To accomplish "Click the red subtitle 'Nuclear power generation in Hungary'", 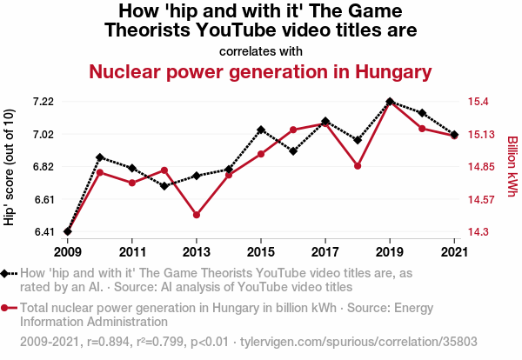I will click(x=261, y=71).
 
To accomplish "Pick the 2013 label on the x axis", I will click(x=197, y=252).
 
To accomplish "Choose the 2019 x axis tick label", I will click(x=389, y=252).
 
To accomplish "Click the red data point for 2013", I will click(x=197, y=215).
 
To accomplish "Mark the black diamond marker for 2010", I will click(x=100, y=157).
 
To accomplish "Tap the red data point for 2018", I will click(x=358, y=165).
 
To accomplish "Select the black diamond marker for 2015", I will click(x=261, y=130).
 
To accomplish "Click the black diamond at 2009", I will click(x=68, y=231).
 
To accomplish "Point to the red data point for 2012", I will click(x=164, y=170).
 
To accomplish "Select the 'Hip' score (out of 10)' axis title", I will click(x=10, y=167).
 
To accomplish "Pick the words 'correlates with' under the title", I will click(x=261, y=50).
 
